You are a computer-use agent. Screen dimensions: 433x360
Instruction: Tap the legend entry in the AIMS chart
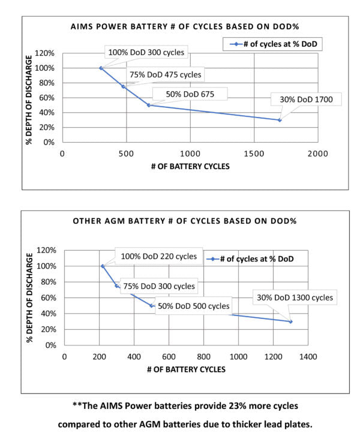272,44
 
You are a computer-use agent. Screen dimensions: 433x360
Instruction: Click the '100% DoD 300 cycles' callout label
146,52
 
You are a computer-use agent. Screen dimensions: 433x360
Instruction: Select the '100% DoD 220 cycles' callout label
158,256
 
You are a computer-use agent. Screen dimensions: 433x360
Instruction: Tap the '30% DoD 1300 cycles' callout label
295,297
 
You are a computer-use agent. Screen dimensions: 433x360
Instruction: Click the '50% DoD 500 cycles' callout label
194,306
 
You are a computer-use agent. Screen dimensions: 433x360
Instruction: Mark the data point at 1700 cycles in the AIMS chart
279,120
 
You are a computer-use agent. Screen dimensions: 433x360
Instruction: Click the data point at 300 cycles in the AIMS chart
101,68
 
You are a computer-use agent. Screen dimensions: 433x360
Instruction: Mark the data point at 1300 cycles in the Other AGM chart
291,321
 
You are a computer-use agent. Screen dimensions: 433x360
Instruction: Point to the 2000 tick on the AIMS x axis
318,154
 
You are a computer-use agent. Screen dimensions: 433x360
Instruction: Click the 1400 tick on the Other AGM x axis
308,356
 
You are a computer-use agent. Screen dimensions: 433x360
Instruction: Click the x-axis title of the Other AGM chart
186,369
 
